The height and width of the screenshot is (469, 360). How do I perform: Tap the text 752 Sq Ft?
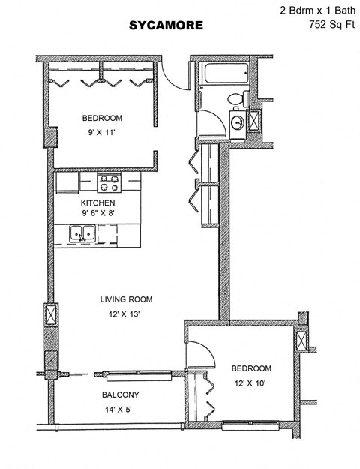[x=331, y=25]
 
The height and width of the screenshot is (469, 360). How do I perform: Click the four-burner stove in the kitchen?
[x=109, y=183]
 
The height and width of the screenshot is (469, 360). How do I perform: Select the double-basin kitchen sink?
[x=82, y=235]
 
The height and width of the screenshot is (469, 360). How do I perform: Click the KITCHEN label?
[x=97, y=203]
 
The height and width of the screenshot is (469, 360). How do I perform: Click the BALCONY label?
[x=120, y=395]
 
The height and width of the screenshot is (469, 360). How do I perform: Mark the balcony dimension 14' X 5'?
[x=120, y=410]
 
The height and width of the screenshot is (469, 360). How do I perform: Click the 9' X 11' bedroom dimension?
[x=101, y=133]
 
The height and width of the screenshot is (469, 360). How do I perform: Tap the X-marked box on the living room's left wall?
[x=50, y=314]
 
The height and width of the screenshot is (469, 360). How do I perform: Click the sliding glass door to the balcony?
[x=142, y=374]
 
